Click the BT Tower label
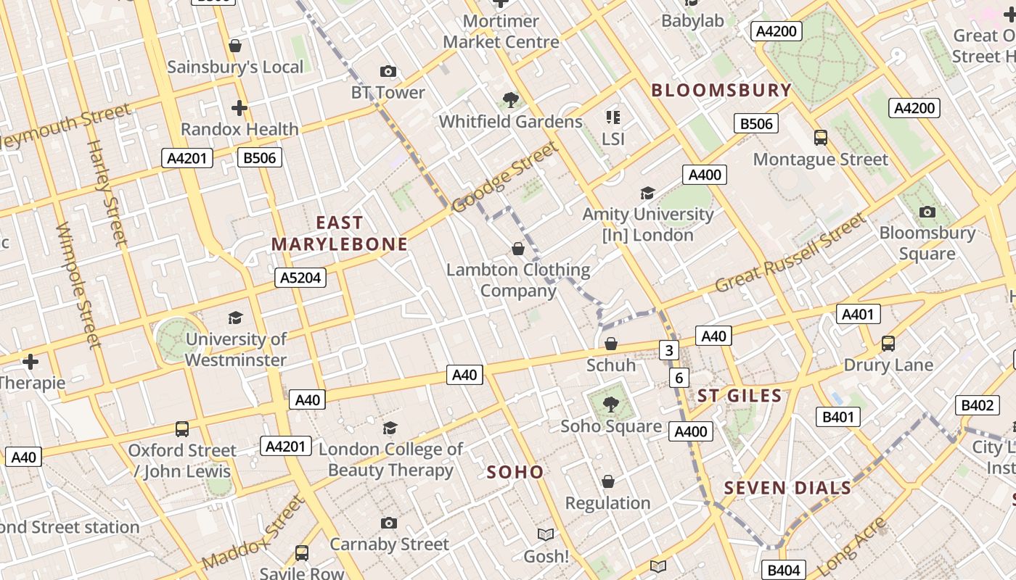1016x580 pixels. (388, 92)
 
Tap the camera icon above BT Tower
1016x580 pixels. (388, 71)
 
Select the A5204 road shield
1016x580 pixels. (300, 278)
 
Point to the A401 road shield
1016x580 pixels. (859, 314)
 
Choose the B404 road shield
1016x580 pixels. (784, 571)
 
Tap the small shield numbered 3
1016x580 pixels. (668, 351)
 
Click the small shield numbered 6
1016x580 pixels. (679, 378)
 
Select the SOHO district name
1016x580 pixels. (515, 473)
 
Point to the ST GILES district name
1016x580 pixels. (740, 396)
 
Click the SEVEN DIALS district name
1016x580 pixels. (788, 488)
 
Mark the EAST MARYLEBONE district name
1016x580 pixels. (340, 233)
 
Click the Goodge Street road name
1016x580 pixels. (505, 178)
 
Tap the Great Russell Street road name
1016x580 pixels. (790, 253)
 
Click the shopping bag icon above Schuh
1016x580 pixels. (611, 344)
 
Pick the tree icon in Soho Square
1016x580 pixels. (611, 405)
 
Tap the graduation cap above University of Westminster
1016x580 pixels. (236, 318)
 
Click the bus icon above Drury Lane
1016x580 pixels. (888, 344)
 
